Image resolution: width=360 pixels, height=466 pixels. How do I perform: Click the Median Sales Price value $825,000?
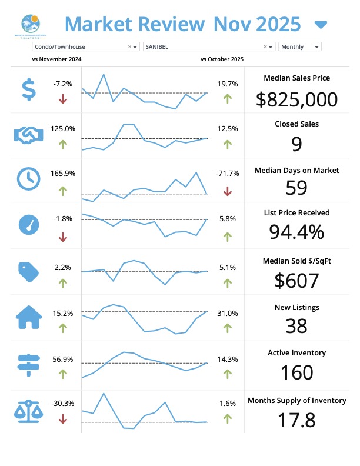pos(296,99)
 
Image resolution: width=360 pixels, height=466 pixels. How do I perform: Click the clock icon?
pos(28,179)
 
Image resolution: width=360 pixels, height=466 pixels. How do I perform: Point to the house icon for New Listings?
pos(28,318)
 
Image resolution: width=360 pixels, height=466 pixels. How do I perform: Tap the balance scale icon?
pos(28,410)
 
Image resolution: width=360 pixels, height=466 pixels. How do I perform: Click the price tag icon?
pos(28,271)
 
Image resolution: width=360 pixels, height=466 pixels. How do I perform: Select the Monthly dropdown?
pos(300,46)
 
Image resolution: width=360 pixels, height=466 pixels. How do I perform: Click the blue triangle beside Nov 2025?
pos(321,25)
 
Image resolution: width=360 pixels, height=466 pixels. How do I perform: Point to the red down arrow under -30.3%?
pos(63,419)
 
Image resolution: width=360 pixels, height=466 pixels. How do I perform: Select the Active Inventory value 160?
pos(296,373)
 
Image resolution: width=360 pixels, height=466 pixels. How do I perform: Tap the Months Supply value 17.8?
pos(296,420)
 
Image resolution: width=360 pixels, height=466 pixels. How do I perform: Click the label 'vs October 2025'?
pos(222,59)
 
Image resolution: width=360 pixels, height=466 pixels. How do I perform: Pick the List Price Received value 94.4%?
pos(296,232)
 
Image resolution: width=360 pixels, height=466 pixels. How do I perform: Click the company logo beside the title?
pos(31,25)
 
